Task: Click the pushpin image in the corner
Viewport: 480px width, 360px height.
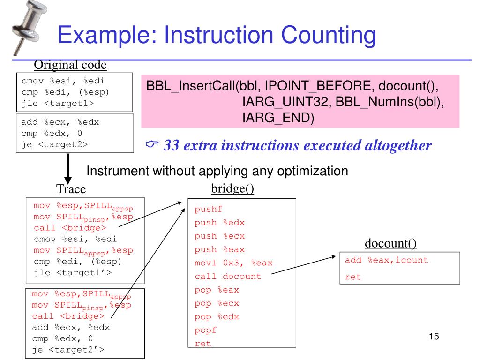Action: pyautogui.click(x=26, y=28)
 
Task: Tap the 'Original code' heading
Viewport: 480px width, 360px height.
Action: pyautogui.click(x=70, y=65)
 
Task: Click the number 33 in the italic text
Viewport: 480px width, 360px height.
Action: pyautogui.click(x=172, y=146)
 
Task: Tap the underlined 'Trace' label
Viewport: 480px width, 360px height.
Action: pyautogui.click(x=71, y=189)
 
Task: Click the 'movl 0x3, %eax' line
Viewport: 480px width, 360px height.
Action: pyautogui.click(x=233, y=263)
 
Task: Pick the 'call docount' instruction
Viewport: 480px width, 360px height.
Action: pyautogui.click(x=228, y=277)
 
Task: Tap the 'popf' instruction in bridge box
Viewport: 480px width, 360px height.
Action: pyautogui.click(x=206, y=330)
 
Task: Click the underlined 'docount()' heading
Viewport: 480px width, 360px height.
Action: pyautogui.click(x=391, y=243)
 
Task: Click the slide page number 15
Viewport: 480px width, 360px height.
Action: pyautogui.click(x=434, y=337)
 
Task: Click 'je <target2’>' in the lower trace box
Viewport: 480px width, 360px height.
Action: pyautogui.click(x=68, y=350)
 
